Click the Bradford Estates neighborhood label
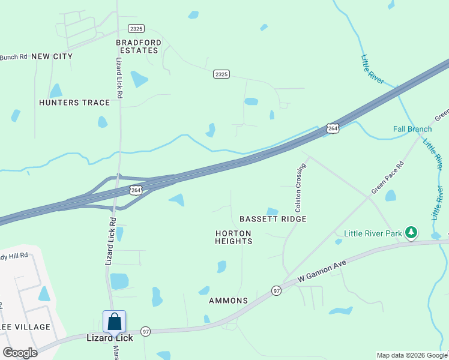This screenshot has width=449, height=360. pos(139,46)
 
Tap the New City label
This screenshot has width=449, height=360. pos(52,56)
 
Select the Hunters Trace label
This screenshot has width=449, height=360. pos(74,103)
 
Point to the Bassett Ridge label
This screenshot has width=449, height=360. pos(273,219)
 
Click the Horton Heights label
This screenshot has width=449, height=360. pos(234,237)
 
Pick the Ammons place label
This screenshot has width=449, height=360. pos(228,300)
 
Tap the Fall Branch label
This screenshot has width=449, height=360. pos(412,129)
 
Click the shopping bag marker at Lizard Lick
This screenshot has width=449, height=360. pos(115,322)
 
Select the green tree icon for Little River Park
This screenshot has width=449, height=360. pos(411,232)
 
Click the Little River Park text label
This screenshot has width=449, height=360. pos(372,234)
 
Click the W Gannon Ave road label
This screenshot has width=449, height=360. pos(322,272)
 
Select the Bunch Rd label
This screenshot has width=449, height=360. pos(13,57)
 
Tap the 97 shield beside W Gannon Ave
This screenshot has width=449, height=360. pos(276,290)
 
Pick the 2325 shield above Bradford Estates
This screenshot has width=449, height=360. pos(136,29)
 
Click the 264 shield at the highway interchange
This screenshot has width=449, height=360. pos(136,190)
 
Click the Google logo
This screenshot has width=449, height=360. pos(20,353)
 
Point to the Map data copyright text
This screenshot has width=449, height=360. pos(412,355)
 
